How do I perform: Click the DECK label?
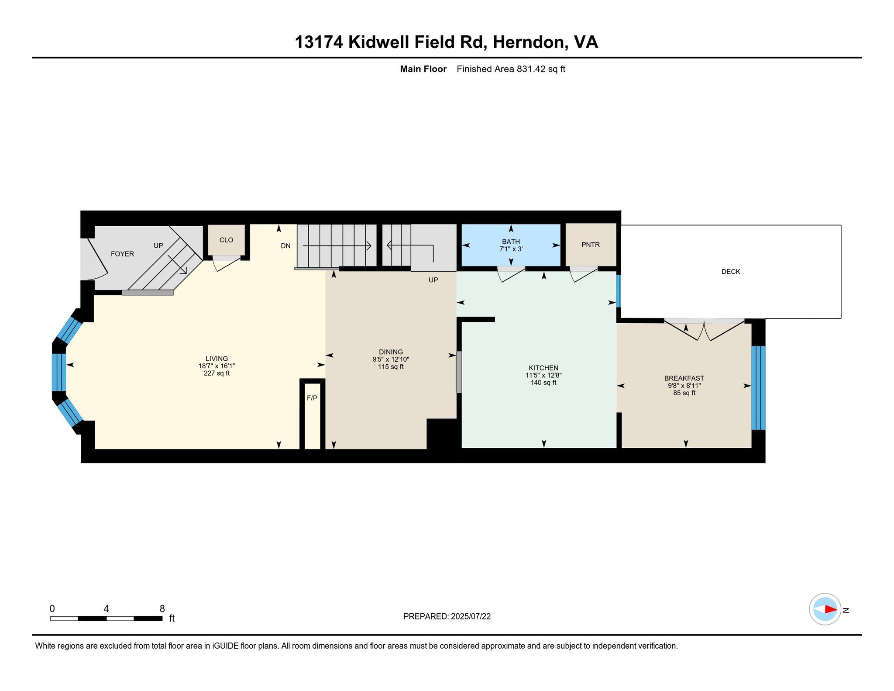(x=731, y=272)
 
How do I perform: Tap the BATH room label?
(x=511, y=242)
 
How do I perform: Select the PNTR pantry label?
(x=591, y=245)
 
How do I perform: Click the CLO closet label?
(x=226, y=240)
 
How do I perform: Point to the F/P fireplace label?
(x=312, y=398)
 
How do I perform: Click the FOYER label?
(x=122, y=254)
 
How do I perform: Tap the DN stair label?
(x=285, y=246)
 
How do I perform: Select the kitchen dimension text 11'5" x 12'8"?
(x=543, y=375)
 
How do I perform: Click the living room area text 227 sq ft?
(x=217, y=373)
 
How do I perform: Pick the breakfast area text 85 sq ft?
(x=684, y=393)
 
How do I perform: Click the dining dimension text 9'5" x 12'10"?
(x=391, y=359)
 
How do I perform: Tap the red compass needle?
(x=831, y=609)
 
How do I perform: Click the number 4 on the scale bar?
(x=106, y=609)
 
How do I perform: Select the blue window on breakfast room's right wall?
(x=758, y=388)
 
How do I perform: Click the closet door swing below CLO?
(x=227, y=263)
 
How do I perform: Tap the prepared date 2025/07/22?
(x=471, y=616)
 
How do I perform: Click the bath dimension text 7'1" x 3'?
(x=511, y=249)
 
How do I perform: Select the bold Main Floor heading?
(x=423, y=69)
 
